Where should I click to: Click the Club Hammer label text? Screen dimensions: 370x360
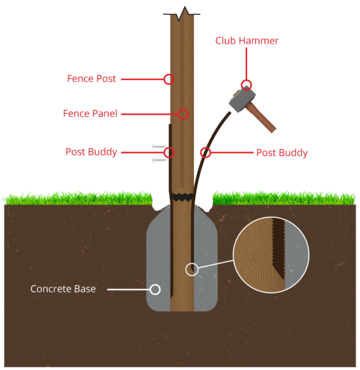247,41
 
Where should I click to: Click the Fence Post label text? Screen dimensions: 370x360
91,79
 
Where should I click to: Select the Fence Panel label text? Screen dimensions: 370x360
90,113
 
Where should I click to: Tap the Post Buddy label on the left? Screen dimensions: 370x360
91,152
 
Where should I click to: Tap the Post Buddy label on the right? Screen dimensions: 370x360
281,152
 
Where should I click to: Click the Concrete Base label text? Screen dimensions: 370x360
63,289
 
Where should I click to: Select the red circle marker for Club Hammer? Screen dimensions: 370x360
246,85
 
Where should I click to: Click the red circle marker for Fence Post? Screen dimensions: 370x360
169,79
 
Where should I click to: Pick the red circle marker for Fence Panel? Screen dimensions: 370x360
183,114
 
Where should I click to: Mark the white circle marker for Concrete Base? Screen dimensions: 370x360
155,289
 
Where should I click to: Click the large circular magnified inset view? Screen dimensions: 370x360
271,255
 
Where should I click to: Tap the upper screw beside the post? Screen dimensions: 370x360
159,146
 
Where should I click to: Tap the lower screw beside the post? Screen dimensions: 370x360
159,160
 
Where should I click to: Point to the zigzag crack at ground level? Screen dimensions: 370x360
182,197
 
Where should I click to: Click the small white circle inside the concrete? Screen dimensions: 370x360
191,269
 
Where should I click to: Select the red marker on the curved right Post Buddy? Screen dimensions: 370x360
205,152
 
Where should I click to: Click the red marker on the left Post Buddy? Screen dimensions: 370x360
169,152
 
